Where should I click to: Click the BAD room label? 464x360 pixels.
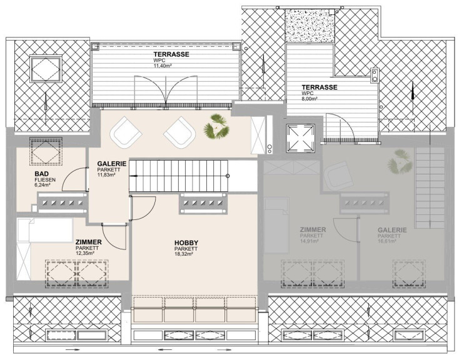tap(41, 174)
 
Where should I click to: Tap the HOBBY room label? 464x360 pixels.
tap(186, 244)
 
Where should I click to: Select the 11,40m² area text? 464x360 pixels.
tap(163, 66)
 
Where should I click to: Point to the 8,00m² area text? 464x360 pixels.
tap(310, 99)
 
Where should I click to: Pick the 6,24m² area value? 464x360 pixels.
tap(42, 185)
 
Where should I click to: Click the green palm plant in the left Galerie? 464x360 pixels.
tap(216, 127)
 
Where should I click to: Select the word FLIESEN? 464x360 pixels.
tap(45, 180)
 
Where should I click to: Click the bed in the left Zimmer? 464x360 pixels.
tap(45, 230)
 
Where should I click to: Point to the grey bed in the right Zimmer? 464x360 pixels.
tap(276, 226)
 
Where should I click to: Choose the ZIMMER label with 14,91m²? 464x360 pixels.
tap(313, 230)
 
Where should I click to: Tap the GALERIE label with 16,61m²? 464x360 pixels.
tap(392, 230)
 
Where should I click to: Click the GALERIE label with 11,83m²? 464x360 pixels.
tap(112, 164)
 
